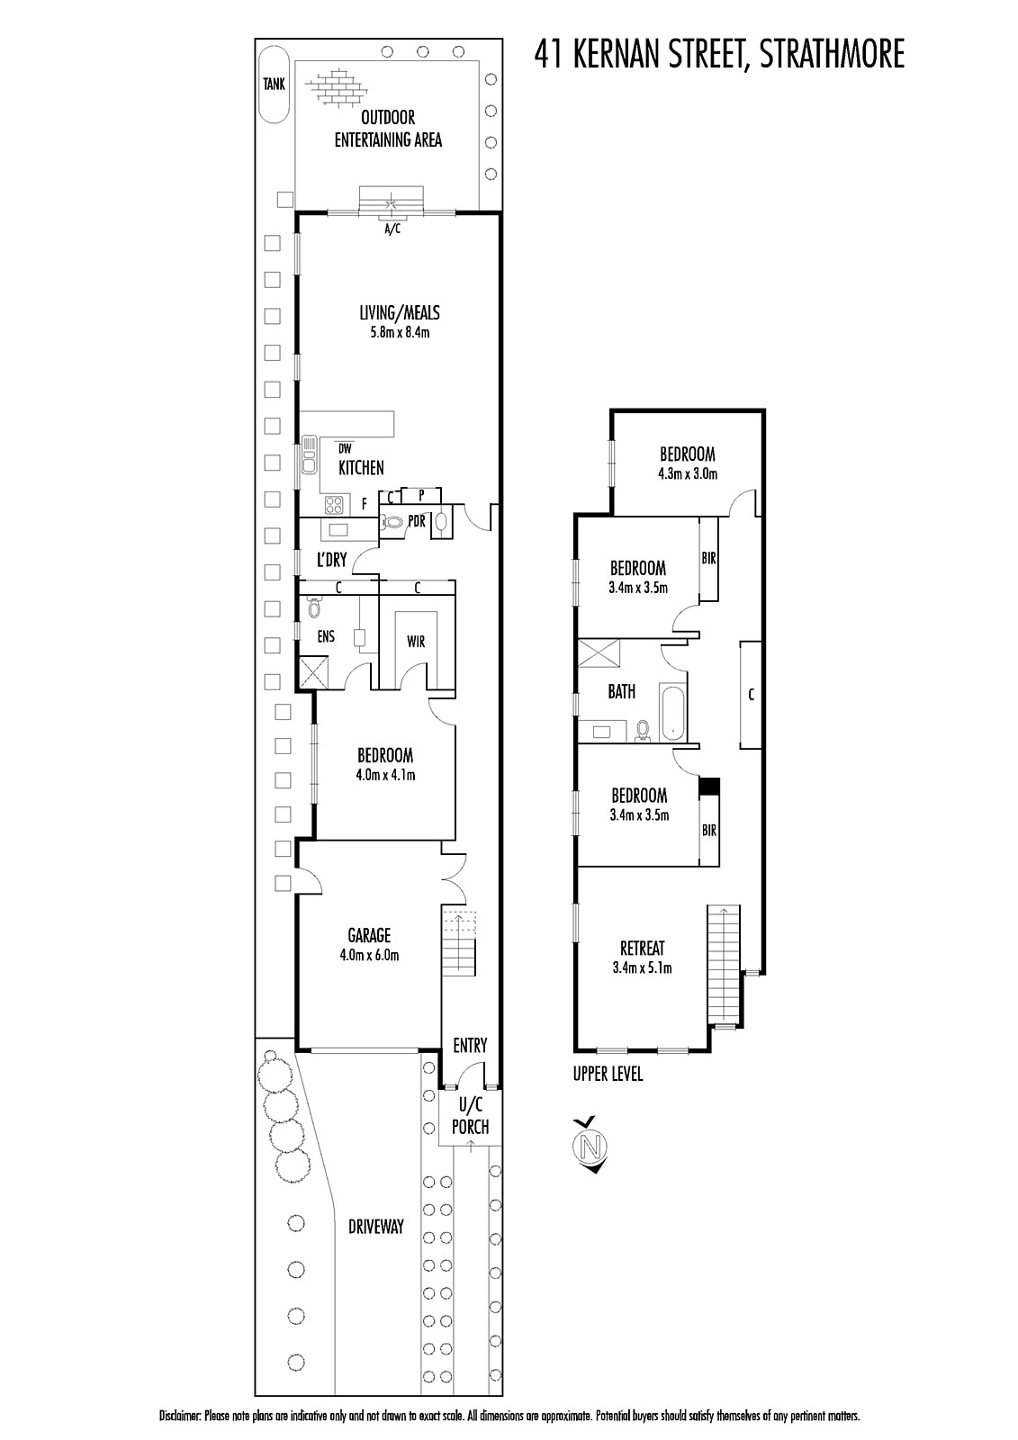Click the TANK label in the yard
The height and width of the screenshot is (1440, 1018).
point(274,84)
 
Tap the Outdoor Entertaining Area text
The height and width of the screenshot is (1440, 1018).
point(388,129)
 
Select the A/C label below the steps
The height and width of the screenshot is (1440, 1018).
point(392,229)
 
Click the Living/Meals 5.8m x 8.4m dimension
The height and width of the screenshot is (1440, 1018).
point(400,333)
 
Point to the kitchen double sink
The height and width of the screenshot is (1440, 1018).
point(309,455)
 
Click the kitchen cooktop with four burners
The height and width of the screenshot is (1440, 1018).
point(335,505)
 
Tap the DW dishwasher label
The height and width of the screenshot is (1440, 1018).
point(346,449)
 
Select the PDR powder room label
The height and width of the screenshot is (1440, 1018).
point(417,521)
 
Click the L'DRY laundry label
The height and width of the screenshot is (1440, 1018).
point(332,560)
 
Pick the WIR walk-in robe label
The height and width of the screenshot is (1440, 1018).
point(416,642)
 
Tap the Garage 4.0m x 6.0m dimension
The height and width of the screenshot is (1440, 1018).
point(369,956)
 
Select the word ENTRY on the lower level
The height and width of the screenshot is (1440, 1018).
point(470,1046)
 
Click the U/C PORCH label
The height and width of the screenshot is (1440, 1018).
point(470,1116)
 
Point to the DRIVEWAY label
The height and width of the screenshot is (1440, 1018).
point(376,1227)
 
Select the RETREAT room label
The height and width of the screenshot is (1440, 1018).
point(643,949)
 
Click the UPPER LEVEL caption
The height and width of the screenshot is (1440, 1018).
point(608,1074)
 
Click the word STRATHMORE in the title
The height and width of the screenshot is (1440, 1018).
point(832,53)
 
